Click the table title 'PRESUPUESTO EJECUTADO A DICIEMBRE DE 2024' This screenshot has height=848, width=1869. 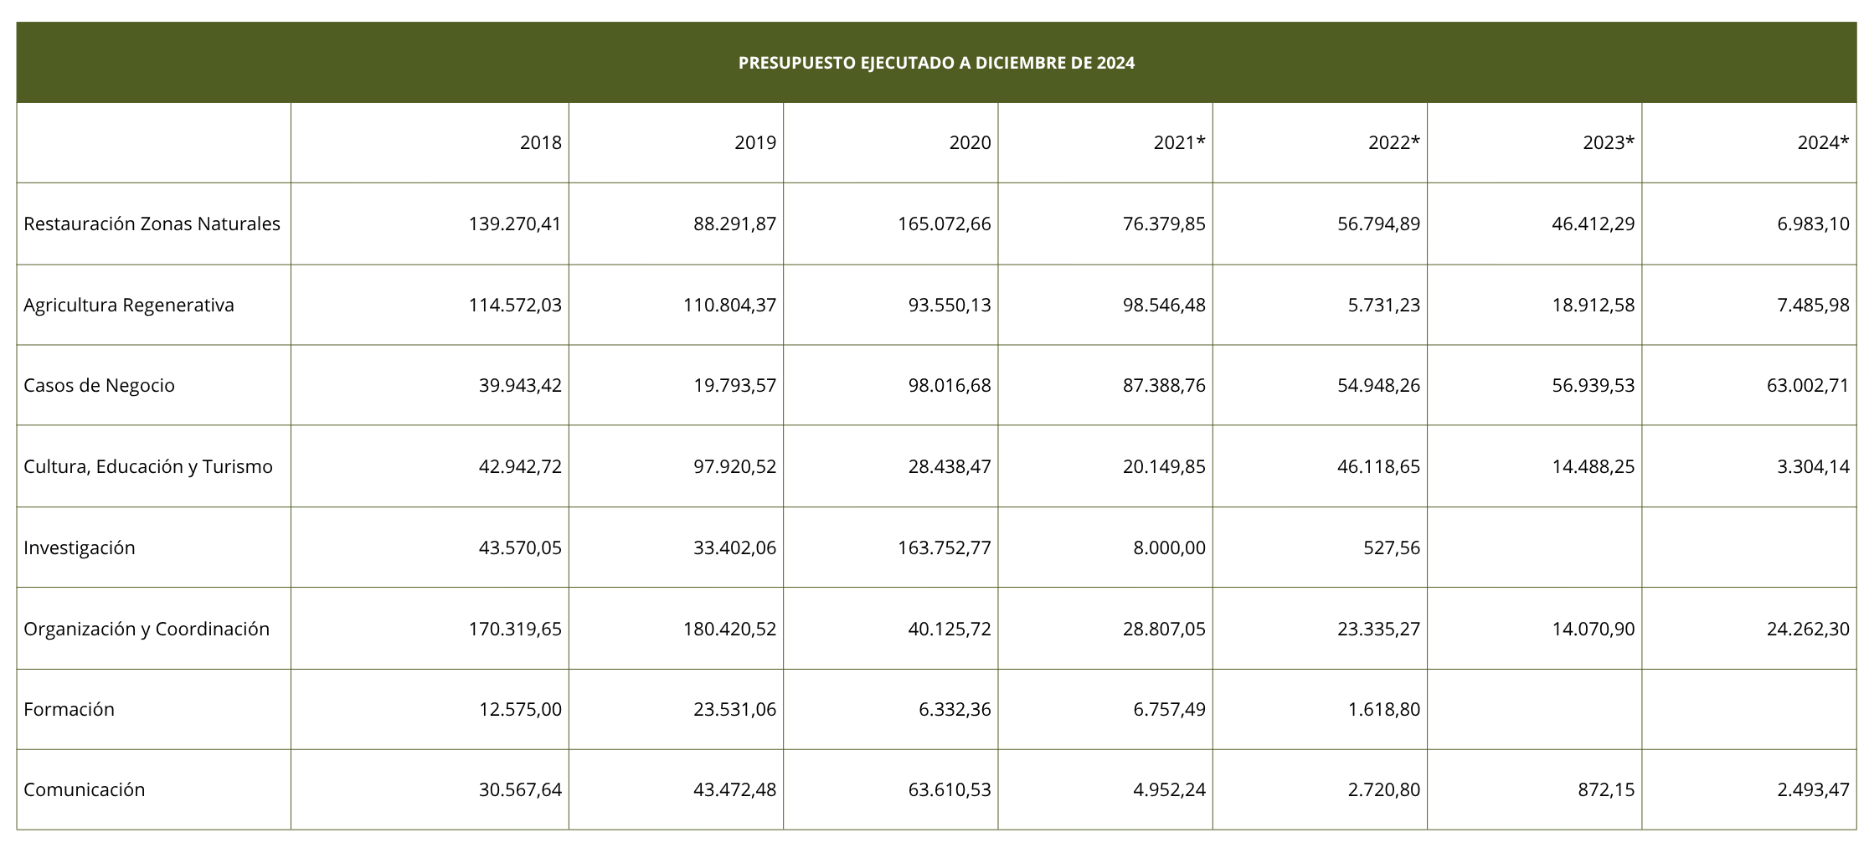click(x=936, y=63)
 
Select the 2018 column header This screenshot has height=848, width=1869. click(x=541, y=142)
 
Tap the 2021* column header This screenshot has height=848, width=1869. click(x=1180, y=142)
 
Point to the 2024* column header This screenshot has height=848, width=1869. click(x=1824, y=142)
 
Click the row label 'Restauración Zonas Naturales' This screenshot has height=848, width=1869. click(x=152, y=224)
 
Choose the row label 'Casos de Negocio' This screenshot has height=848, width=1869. click(x=99, y=385)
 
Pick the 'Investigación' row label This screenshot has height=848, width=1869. click(x=79, y=547)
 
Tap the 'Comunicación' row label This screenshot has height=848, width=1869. click(x=84, y=789)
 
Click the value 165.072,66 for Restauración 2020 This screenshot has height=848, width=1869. click(x=945, y=224)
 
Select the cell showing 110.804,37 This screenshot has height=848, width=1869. click(x=730, y=305)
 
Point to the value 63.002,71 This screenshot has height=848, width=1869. click(x=1809, y=385)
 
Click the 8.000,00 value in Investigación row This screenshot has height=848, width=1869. click(x=1170, y=547)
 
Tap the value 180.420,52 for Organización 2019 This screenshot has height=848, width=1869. click(x=730, y=629)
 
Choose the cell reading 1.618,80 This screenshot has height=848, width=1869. click(x=1384, y=709)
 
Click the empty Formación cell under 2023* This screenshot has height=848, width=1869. click(x=1534, y=709)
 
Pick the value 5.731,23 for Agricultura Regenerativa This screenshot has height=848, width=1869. click(x=1384, y=305)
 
